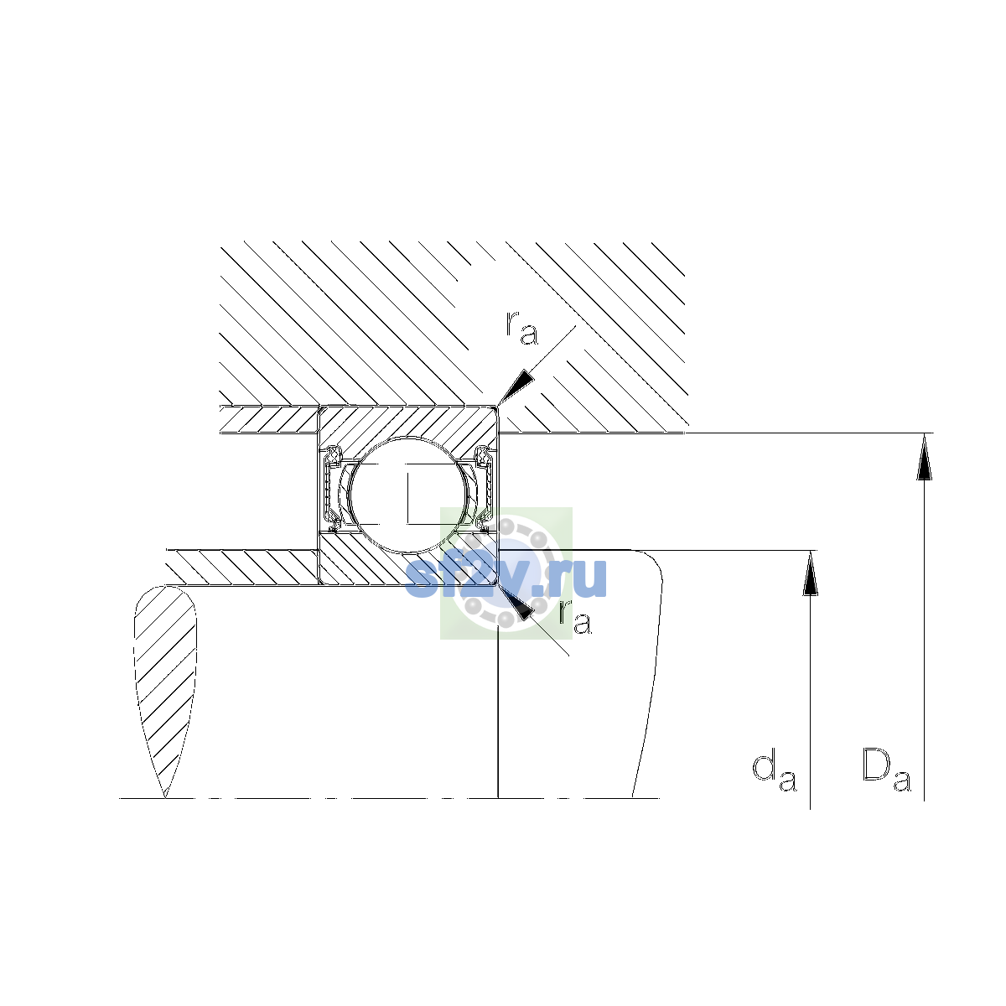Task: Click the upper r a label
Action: click(x=521, y=328)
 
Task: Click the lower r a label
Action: click(x=575, y=618)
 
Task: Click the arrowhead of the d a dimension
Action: click(x=810, y=573)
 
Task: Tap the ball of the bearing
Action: click(x=409, y=495)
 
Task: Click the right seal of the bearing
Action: click(x=485, y=489)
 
